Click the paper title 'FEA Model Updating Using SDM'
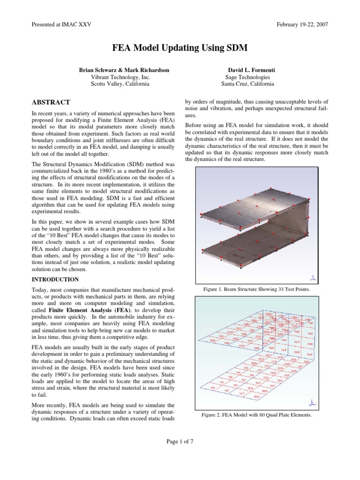click(180, 48)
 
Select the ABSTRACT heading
click(51, 102)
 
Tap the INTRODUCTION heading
click(55, 279)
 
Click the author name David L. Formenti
click(247, 70)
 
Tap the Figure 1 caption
click(256, 290)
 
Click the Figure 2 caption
click(256, 414)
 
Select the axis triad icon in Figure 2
click(312, 402)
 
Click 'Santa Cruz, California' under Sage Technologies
click(247, 84)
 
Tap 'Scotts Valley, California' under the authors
click(120, 84)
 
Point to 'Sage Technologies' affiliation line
click(247, 77)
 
